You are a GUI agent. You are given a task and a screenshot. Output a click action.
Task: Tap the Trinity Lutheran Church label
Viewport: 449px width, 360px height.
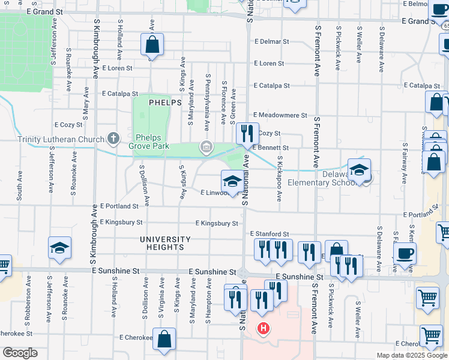[x=61, y=139]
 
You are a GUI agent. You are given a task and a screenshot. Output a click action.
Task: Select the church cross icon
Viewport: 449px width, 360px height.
[x=113, y=139]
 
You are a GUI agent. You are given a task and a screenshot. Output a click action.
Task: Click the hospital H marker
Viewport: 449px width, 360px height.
[x=263, y=328]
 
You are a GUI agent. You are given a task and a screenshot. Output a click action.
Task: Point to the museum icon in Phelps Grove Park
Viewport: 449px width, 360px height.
[x=206, y=146]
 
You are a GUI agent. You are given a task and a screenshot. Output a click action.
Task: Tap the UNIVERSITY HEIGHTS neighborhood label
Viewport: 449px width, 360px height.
[x=165, y=243]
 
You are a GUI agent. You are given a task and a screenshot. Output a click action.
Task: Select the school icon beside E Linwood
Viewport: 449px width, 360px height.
[x=232, y=181]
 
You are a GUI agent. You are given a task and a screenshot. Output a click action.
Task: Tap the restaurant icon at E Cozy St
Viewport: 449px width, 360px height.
[x=247, y=134]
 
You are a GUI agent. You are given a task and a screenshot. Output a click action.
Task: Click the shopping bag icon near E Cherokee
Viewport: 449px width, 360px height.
[x=164, y=339]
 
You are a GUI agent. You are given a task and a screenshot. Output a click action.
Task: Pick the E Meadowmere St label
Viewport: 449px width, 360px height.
[x=280, y=115]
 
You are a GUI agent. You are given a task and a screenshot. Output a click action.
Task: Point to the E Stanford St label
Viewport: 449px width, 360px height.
[x=269, y=234]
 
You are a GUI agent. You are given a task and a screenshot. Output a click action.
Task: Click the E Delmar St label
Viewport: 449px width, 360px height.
[x=272, y=42]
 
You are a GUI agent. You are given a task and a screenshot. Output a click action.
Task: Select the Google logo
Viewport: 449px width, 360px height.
[x=20, y=353]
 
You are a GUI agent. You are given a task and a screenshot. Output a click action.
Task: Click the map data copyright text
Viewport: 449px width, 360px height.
[x=412, y=355]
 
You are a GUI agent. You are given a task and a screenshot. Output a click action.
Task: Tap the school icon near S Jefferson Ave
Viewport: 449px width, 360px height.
[x=59, y=249]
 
